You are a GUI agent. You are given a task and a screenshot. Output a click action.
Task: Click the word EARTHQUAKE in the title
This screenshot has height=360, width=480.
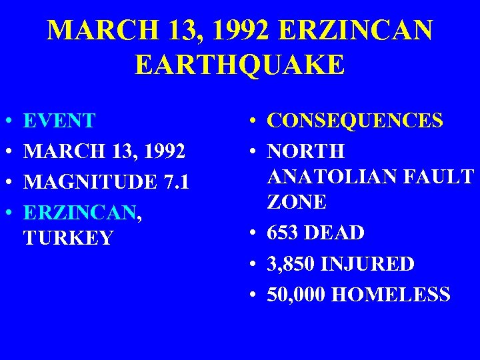239,65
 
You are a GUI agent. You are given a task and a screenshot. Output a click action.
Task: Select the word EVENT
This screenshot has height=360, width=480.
59,121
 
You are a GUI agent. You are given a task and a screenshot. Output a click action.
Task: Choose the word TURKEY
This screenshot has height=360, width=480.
68,238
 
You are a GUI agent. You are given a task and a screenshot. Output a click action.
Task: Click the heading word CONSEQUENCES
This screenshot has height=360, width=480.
355,121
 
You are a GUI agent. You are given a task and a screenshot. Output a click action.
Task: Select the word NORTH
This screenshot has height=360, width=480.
306,151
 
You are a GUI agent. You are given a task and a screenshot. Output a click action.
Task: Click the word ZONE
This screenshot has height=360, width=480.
297,201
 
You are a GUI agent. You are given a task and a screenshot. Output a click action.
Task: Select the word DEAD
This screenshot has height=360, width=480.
338,233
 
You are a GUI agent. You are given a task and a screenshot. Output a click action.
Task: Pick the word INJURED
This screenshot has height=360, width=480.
367,264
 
